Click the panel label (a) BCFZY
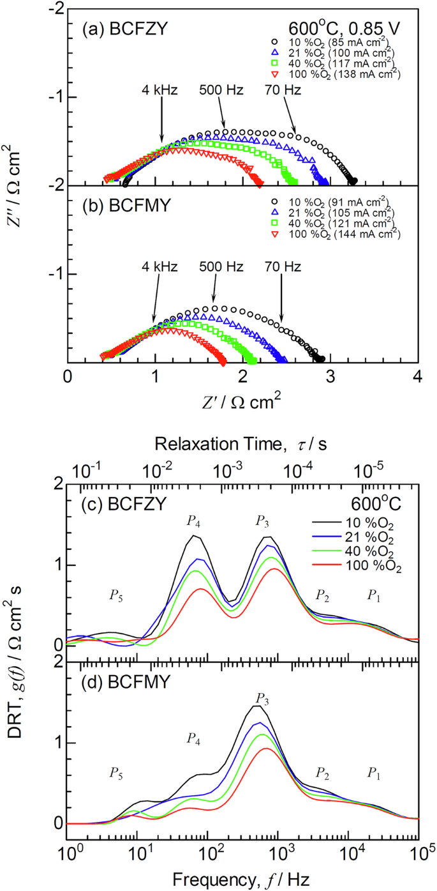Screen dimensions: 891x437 click(119, 27)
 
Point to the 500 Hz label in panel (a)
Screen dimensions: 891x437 click(221, 89)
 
